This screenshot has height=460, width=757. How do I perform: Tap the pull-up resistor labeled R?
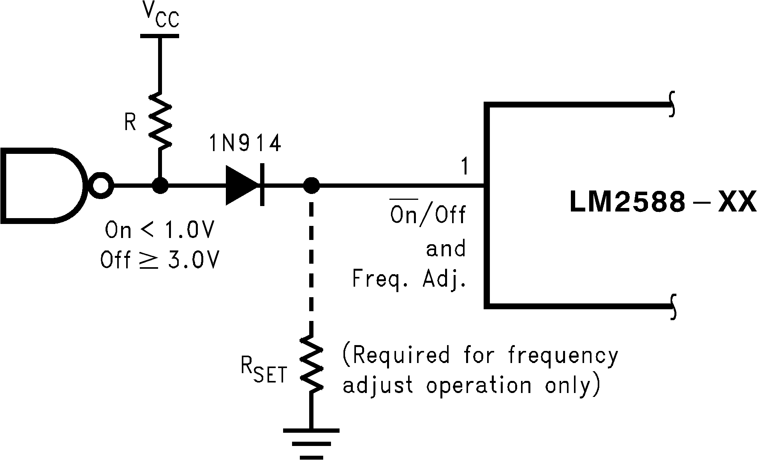coord(160,121)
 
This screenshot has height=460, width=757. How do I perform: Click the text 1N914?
coord(245,144)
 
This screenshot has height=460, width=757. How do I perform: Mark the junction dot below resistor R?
coord(160,185)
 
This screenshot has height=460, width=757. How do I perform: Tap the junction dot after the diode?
coord(311,185)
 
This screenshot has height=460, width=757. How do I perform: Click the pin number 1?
coord(464,166)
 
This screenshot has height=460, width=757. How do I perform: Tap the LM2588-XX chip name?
coord(662,203)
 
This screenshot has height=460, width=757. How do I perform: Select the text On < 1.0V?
coord(160,231)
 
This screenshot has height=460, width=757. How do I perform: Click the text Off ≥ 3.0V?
coord(160,259)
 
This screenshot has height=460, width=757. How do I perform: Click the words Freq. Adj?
coord(409,279)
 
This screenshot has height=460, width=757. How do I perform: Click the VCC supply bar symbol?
coord(160,36)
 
